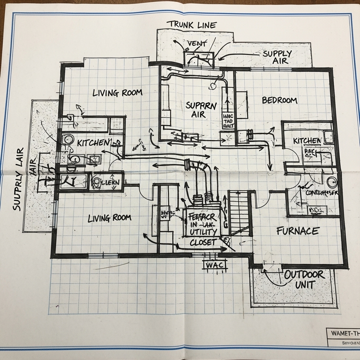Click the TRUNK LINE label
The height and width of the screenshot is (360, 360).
[x=192, y=25]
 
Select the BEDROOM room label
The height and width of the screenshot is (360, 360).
[x=279, y=100]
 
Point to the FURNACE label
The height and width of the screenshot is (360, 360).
[x=297, y=231]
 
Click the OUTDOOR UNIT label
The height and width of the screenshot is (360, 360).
[x=304, y=279]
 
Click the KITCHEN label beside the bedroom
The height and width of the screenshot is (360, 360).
[x=307, y=141]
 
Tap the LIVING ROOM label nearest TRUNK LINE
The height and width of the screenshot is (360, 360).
[x=117, y=93]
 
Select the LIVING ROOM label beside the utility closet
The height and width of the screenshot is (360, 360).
[x=109, y=218]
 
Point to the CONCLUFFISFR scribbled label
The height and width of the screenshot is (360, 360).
[x=321, y=193]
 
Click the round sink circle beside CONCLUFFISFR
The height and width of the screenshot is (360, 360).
[x=332, y=182]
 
